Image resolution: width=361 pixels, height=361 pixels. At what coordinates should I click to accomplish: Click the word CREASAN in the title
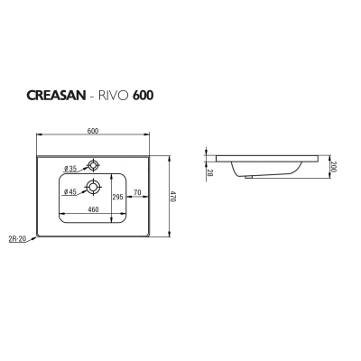pos(57,96)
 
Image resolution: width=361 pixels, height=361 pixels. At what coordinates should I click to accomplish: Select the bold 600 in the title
pos(143,96)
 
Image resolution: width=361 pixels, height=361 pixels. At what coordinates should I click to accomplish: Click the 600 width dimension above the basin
pos(93,131)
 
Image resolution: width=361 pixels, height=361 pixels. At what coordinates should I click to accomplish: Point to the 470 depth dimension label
pos(174,197)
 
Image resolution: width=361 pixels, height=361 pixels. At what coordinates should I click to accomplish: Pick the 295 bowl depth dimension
pos(118,197)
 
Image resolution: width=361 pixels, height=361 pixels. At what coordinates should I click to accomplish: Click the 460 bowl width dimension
pos(93,209)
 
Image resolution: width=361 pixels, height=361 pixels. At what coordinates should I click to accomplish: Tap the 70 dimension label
pos(137,192)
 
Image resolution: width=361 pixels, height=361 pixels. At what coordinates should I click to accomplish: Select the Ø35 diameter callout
pos(70,169)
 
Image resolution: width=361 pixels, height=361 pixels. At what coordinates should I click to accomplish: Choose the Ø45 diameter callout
pos(70,191)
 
